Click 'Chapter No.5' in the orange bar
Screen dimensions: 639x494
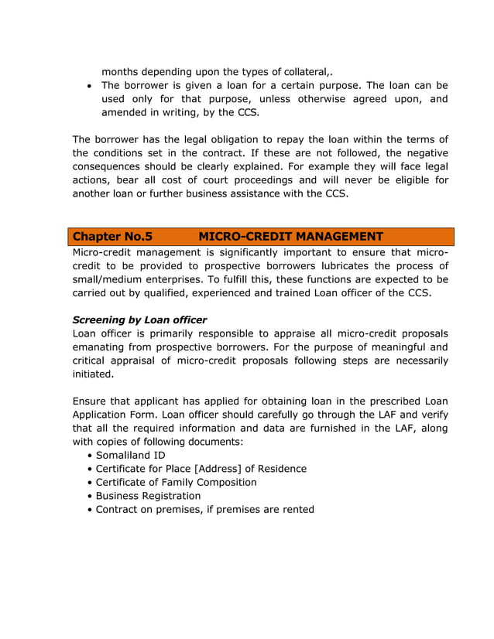pos(112,237)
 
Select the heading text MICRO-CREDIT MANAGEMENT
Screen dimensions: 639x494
pos(290,237)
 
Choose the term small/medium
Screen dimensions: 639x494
pos(110,279)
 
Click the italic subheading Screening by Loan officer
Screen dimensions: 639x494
pos(139,319)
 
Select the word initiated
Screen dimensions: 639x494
pos(92,374)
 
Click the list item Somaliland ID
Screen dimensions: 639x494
pos(130,455)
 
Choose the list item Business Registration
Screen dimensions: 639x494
pos(148,496)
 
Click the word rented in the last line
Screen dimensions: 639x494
pos(296,509)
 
